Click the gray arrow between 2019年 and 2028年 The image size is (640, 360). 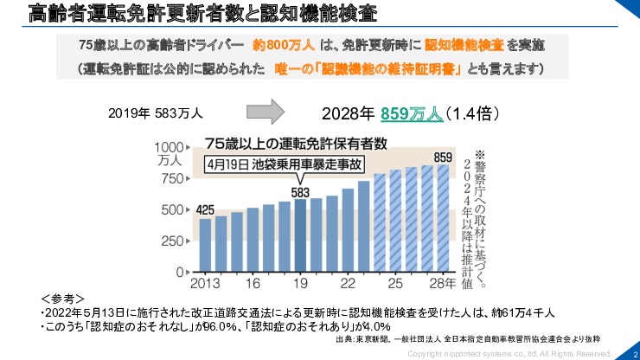pyautogui.click(x=266, y=112)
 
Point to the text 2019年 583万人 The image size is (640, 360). pyautogui.click(x=156, y=112)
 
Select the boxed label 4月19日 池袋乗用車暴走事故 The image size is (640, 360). pyautogui.click(x=285, y=164)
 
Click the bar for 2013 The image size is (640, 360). pyautogui.click(x=205, y=245)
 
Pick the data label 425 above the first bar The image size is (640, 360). pyautogui.click(x=205, y=209)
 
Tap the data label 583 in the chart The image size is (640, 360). pyautogui.click(x=300, y=191)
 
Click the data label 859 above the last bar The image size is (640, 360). pyautogui.click(x=443, y=157)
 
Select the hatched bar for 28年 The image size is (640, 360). pyautogui.click(x=443, y=217)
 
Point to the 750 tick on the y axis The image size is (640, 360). pyautogui.click(x=174, y=179)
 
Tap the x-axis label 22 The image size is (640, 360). pyautogui.click(x=348, y=283)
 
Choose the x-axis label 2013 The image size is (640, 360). pyautogui.click(x=203, y=283)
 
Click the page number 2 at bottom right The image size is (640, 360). pyautogui.click(x=634, y=353)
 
